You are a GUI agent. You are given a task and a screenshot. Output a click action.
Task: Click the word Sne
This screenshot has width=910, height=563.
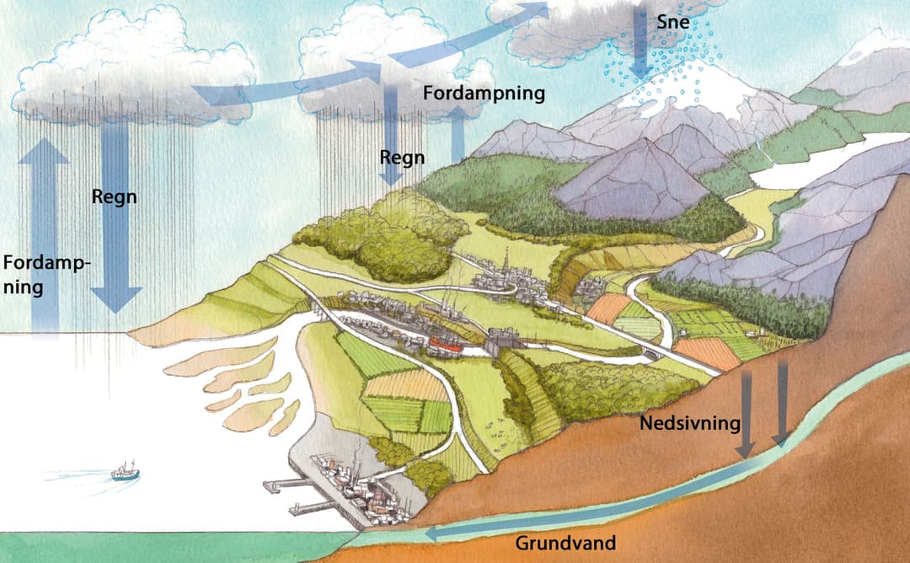pyautogui.click(x=673, y=22)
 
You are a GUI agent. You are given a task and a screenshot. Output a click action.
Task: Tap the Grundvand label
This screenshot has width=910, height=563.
pyautogui.click(x=565, y=544)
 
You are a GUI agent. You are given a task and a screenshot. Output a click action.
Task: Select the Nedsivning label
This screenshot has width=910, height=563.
pyautogui.click(x=690, y=423)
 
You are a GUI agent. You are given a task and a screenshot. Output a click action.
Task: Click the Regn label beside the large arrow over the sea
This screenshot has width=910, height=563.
pyautogui.click(x=115, y=197)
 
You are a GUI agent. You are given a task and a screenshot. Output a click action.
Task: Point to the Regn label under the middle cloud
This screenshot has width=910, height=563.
pyautogui.click(x=402, y=158)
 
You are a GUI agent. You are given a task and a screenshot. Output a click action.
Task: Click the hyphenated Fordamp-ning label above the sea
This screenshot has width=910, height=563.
pyautogui.click(x=46, y=275)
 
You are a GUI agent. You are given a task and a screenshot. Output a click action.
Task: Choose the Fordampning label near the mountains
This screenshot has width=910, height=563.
pyautogui.click(x=484, y=93)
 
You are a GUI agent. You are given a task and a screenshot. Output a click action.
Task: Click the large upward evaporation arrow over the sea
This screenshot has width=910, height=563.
pyautogui.click(x=44, y=236)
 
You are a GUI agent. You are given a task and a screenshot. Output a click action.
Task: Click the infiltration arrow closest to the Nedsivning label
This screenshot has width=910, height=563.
pyautogui.click(x=746, y=415)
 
